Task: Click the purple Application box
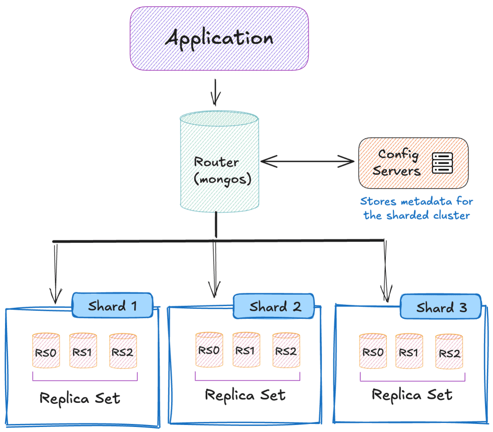219,38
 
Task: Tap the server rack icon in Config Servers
443,163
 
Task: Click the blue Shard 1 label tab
113,306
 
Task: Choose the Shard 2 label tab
274,307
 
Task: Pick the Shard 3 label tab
441,308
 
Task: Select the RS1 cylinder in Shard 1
83,350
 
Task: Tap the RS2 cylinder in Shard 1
123,351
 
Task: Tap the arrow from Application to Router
216,92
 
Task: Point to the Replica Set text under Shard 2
245,395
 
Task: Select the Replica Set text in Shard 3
412,395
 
